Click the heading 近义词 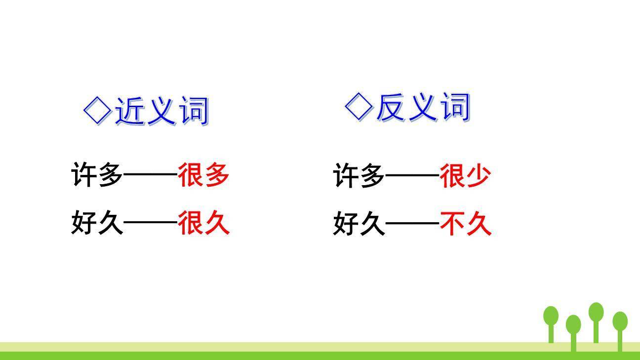coord(161,110)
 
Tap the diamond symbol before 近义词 coord(97,110)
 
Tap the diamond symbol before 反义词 coord(359,106)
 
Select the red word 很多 coord(203,175)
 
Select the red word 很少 coord(465,175)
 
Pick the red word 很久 coord(203,222)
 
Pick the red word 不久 coord(465,223)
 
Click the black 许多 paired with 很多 coord(97,175)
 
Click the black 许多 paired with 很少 coord(359,175)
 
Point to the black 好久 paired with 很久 coord(97,222)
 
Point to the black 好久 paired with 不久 coord(359,223)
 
